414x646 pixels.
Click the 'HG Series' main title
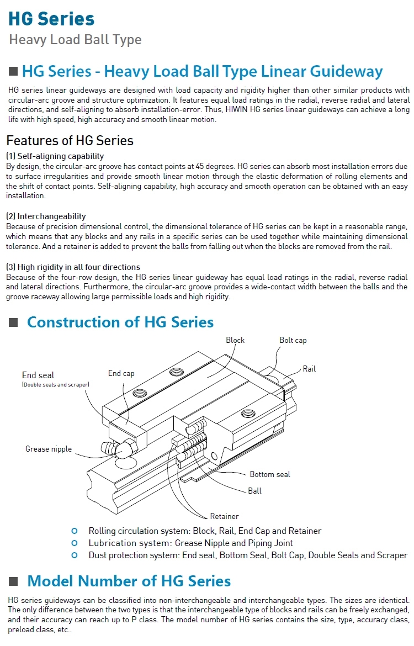click(x=51, y=19)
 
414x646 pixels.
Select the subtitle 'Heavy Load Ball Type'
click(x=75, y=40)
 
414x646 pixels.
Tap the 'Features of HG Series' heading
click(x=70, y=140)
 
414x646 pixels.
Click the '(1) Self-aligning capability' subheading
click(x=55, y=156)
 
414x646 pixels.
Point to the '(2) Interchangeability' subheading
click(x=46, y=216)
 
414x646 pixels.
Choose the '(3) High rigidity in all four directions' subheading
click(x=73, y=267)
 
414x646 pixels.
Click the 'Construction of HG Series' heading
click(x=120, y=322)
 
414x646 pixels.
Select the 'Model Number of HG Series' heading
click(x=129, y=581)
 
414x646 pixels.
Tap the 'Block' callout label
click(x=235, y=340)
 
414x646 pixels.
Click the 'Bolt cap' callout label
click(x=293, y=340)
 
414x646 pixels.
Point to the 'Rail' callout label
click(x=309, y=369)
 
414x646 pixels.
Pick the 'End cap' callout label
click(x=121, y=373)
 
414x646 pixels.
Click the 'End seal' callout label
click(x=38, y=375)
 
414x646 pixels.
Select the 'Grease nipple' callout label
click(x=49, y=449)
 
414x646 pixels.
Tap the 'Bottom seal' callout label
click(x=269, y=474)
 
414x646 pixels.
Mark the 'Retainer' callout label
click(x=224, y=516)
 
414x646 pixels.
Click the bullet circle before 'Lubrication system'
click(x=75, y=543)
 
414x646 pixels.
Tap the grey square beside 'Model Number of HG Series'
click(x=14, y=581)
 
